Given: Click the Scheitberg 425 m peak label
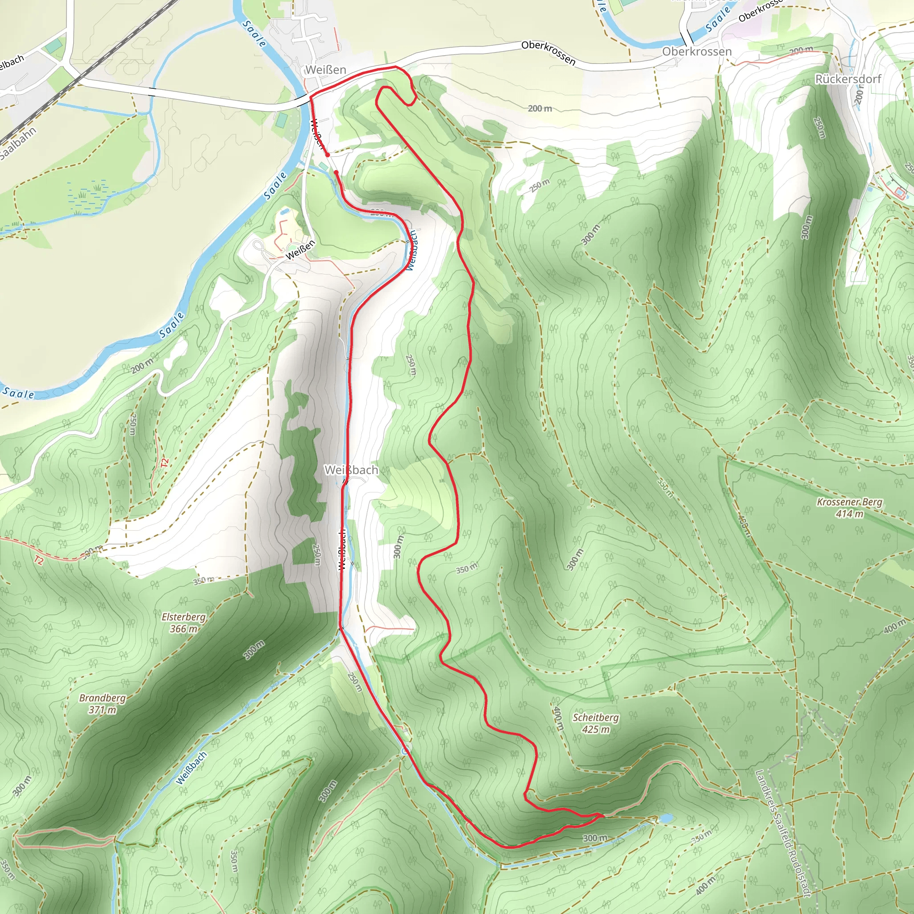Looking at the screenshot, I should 596,723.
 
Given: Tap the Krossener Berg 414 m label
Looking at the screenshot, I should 850,507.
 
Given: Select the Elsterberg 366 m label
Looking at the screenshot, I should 183,623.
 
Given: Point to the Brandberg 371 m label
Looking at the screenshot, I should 102,703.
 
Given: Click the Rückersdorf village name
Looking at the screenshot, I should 848,79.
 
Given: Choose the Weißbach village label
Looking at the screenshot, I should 352,470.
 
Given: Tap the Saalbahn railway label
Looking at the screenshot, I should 18,143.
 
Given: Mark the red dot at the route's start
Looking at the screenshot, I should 328,154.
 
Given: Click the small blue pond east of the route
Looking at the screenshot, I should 665,818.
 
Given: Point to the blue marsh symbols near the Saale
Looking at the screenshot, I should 90,194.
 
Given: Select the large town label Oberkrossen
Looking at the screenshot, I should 696,52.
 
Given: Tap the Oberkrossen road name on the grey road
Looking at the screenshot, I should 548,53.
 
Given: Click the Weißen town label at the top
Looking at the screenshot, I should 325,70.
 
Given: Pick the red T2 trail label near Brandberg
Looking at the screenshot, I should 39,560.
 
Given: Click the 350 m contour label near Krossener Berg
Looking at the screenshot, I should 665,488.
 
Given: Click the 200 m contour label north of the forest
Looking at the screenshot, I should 540,108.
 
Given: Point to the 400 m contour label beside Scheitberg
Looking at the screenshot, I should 558,719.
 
